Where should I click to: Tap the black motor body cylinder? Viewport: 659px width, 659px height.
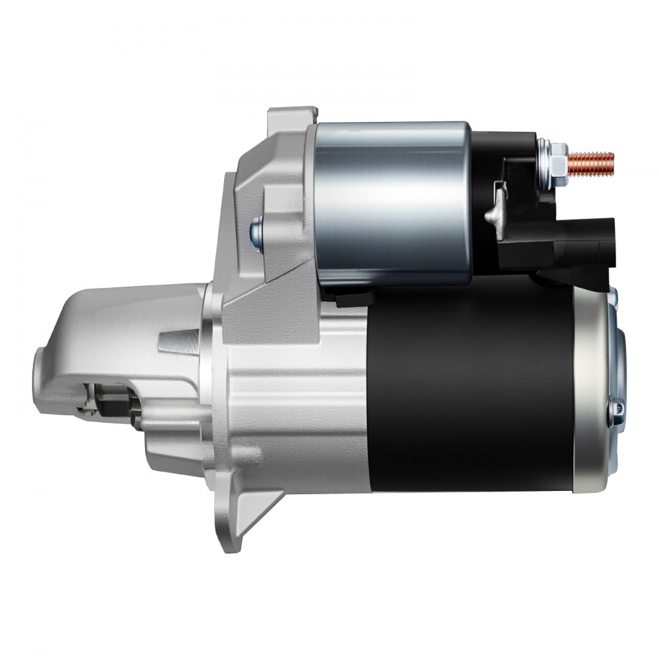pos(471,389)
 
